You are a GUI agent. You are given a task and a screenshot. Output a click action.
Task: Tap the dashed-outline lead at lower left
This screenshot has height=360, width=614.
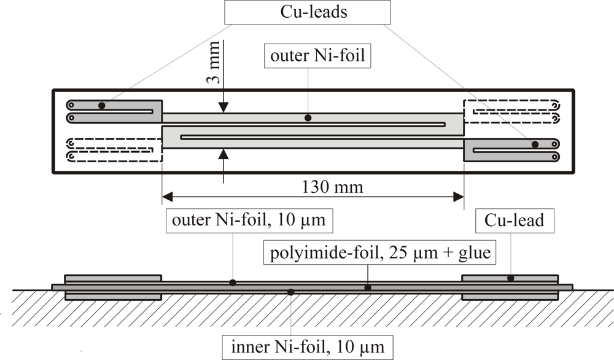point(114,150)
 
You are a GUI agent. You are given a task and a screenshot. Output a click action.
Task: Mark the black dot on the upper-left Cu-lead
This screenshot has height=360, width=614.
point(101,106)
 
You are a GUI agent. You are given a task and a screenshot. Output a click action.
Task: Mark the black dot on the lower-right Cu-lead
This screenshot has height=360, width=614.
point(535,144)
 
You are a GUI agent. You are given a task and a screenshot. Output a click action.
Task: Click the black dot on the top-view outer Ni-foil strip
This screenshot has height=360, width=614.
point(308,117)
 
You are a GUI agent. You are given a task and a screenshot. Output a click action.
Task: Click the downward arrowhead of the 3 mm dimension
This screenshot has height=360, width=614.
point(223,108)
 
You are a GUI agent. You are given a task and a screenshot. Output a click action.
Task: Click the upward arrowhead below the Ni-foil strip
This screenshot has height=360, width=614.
point(223,154)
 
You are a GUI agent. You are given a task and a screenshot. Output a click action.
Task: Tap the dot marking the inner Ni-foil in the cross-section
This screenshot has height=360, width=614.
point(291,291)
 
